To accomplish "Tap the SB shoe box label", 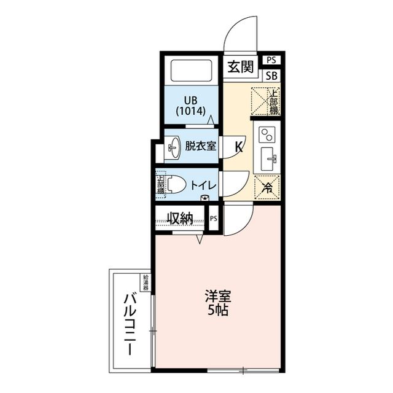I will pyautogui.click(x=271, y=76).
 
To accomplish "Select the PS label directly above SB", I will pyautogui.click(x=271, y=60).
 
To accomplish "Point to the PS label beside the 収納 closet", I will pyautogui.click(x=213, y=219).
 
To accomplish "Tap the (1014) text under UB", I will pyautogui.click(x=190, y=112).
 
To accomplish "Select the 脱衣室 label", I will pyautogui.click(x=200, y=146).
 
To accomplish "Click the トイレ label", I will pyautogui.click(x=201, y=184).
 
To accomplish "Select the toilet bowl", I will pyautogui.click(x=176, y=184).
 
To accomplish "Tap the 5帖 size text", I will pyautogui.click(x=217, y=311).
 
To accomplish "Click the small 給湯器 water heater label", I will pyautogui.click(x=146, y=282).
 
